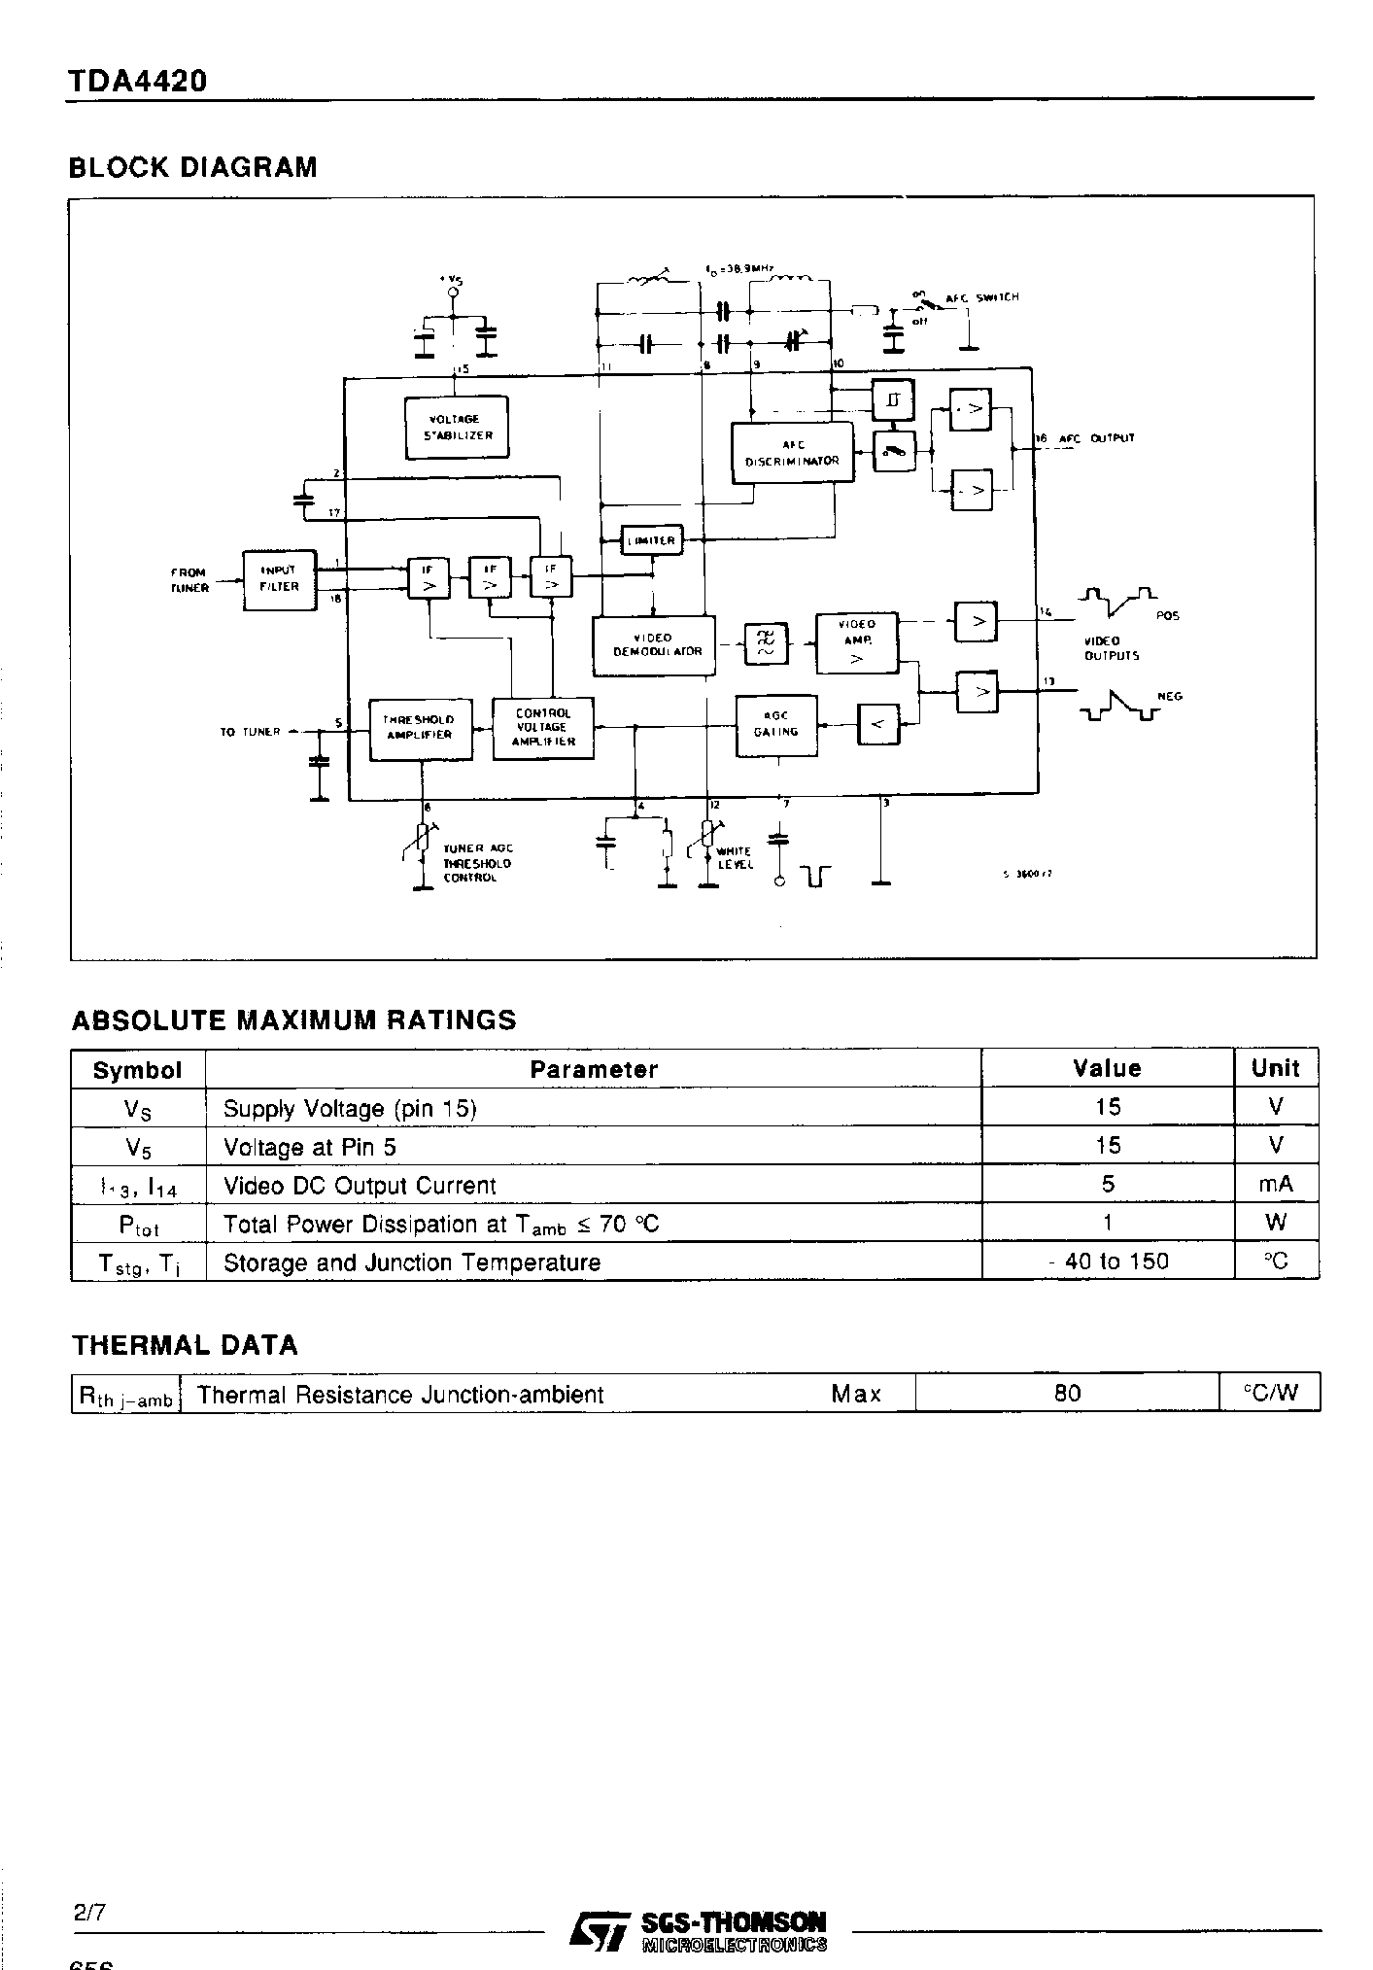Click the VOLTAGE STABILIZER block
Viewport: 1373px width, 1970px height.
coord(457,428)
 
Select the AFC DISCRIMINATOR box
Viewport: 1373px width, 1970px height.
coord(792,453)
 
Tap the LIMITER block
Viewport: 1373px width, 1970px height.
coord(651,540)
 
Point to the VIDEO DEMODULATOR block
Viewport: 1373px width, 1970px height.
coord(654,645)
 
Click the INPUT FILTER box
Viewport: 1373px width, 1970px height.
coord(279,580)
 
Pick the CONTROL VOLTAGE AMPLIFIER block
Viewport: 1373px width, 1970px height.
coord(543,728)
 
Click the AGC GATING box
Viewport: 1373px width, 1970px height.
coord(776,725)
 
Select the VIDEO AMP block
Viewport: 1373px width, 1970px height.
coord(856,643)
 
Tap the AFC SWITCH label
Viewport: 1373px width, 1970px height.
coord(982,297)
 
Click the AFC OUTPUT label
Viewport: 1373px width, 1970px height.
coord(1096,438)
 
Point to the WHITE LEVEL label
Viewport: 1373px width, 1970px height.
coord(735,857)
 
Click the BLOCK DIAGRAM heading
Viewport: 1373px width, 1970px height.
coord(192,167)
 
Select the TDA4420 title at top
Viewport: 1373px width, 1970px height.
coord(137,82)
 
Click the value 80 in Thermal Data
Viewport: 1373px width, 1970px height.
coord(1067,1393)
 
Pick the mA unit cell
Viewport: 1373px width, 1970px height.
coord(1275,1185)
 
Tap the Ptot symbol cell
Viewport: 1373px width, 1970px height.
coord(138,1224)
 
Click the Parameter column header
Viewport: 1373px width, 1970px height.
coord(594,1069)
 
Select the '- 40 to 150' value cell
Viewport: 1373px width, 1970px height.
coord(1107,1261)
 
